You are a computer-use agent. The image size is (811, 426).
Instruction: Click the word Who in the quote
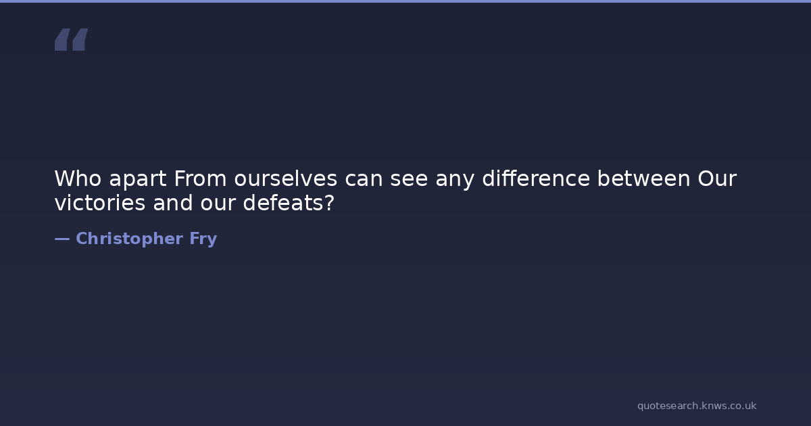(x=78, y=179)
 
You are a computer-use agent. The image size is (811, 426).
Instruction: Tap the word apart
(x=138, y=180)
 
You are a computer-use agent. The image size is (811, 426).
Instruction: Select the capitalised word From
(x=200, y=179)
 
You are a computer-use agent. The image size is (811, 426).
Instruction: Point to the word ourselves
(x=286, y=179)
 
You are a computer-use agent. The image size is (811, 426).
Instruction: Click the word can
(x=364, y=180)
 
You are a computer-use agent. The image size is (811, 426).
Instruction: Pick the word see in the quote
(x=409, y=180)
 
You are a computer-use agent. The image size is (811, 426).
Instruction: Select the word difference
(x=536, y=178)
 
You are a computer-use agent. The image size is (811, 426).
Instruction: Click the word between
(x=643, y=178)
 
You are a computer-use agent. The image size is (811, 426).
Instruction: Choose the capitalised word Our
(x=717, y=179)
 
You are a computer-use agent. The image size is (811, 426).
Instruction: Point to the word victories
(x=100, y=202)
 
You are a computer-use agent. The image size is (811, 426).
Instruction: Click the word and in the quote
(x=173, y=202)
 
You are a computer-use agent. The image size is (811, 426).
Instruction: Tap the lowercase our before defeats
(x=218, y=204)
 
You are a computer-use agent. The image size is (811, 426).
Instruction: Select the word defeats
(x=283, y=202)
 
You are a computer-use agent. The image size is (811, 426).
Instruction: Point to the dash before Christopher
(x=62, y=239)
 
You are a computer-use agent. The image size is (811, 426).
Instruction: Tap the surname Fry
(x=203, y=240)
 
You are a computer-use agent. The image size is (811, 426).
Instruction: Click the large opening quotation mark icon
(x=72, y=39)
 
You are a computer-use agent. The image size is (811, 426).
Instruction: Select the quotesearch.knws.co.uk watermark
(x=697, y=406)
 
